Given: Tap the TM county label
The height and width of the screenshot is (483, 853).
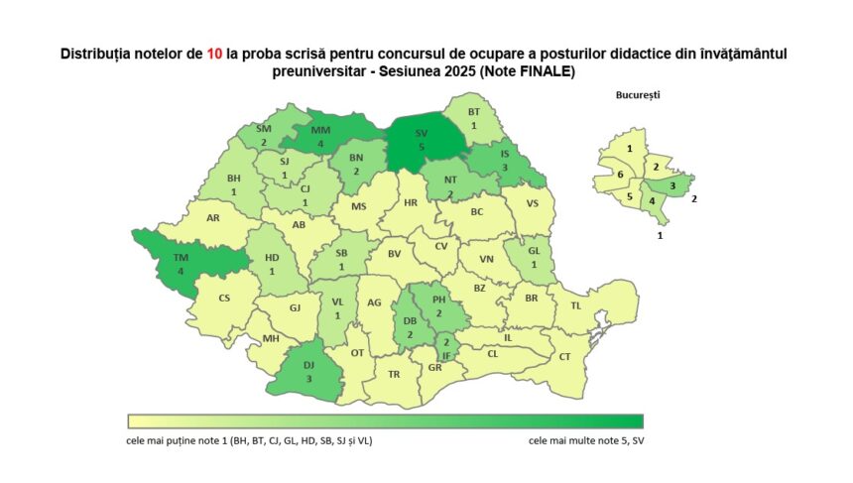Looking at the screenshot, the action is click(x=182, y=257).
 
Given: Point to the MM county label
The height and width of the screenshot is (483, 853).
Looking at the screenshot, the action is click(x=320, y=130).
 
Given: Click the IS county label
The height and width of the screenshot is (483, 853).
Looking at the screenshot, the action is click(x=506, y=155).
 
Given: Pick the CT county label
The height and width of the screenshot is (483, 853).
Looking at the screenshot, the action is click(x=565, y=356).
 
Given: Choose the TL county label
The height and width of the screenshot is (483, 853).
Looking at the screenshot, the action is click(x=576, y=305).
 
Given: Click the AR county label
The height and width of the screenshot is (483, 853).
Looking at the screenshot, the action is click(x=212, y=217).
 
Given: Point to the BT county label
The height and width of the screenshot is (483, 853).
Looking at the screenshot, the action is click(x=473, y=112).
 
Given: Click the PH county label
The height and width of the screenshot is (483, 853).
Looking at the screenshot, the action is click(x=440, y=299).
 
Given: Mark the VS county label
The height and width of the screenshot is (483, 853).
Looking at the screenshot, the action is click(x=533, y=202).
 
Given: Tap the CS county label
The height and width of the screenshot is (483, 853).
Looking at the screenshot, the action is click(x=224, y=298).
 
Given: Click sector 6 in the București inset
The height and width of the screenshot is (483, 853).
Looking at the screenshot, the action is click(x=620, y=175).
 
